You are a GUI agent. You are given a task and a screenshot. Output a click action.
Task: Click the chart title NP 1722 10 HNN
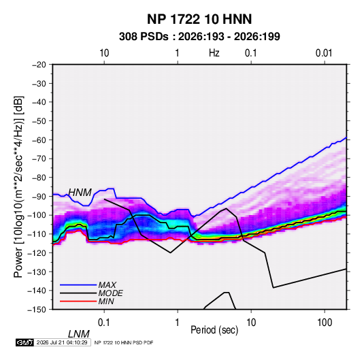coord(199,19)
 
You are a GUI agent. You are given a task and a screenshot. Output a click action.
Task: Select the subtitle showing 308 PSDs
coord(199,37)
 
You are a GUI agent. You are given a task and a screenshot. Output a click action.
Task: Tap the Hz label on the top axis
coord(214,53)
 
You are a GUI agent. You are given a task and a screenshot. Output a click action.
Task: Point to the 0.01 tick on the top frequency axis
coord(324,53)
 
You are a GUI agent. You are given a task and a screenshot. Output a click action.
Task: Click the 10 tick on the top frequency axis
coord(104,53)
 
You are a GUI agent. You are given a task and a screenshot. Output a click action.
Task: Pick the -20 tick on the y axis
coord(39,65)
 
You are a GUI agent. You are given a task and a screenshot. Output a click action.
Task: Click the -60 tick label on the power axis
coord(39,140)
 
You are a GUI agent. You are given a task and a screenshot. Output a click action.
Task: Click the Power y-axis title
coord(18,186)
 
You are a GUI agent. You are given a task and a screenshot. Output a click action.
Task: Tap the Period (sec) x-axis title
coord(214,330)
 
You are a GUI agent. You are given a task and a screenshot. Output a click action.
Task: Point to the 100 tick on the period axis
coord(325,323)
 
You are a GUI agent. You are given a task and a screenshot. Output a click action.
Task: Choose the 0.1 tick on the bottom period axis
coord(104,323)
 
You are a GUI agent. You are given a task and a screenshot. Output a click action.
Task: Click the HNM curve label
coord(80,193)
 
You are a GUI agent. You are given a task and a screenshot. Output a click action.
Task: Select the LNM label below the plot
coord(78,334)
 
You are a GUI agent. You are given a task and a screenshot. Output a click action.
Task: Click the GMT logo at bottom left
coord(24,342)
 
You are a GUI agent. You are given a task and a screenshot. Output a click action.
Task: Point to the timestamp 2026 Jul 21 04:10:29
coord(62,342)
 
